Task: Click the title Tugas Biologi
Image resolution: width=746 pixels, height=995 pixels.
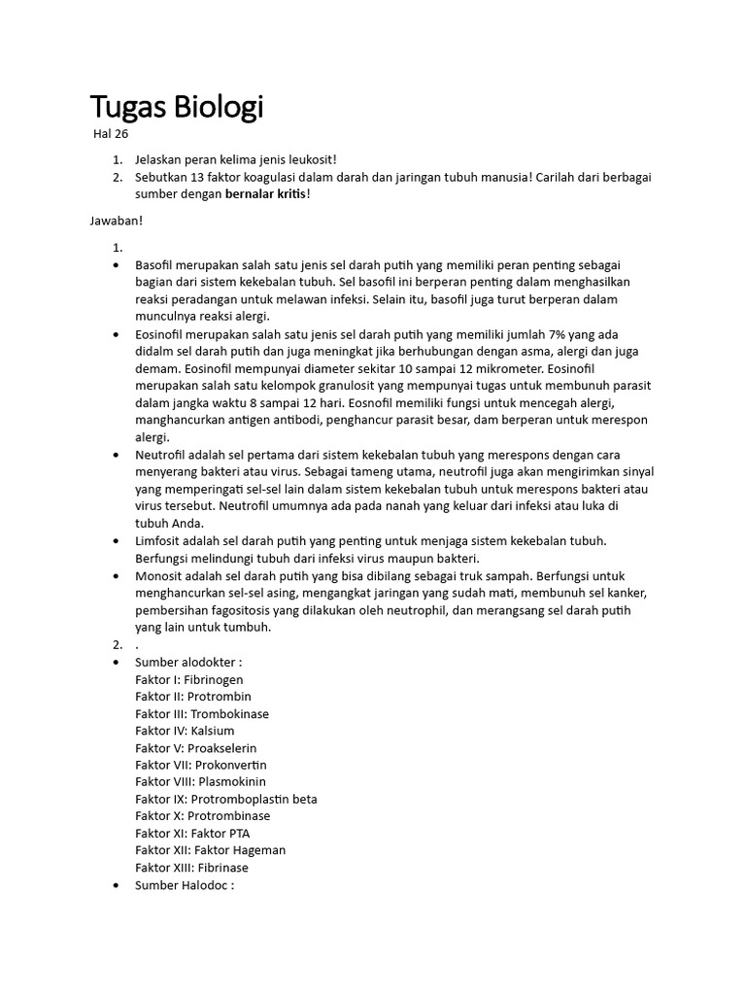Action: pos(176,106)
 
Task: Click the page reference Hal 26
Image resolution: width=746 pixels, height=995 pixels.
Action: pos(111,134)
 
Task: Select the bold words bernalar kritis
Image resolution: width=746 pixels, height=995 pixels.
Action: pos(266,194)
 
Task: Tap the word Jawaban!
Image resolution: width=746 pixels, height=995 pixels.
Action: pos(117,221)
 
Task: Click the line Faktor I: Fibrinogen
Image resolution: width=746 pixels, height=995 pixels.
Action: pos(189,679)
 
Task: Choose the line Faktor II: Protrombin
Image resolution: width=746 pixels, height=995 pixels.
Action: pos(193,697)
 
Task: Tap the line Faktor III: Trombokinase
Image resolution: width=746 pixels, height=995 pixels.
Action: pos(202,713)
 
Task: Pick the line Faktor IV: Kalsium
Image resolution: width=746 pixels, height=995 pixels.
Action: pos(185,731)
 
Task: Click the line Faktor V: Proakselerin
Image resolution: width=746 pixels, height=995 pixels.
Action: pos(196,748)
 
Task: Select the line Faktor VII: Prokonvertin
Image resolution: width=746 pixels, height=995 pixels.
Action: pos(201,765)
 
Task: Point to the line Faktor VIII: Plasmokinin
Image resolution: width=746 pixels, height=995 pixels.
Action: pos(200,781)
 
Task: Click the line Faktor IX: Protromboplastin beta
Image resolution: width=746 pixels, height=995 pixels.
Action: pos(226,799)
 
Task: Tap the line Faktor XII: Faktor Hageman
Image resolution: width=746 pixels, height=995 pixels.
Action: pos(211,850)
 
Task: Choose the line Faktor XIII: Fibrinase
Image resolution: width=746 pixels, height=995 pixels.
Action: pos(192,868)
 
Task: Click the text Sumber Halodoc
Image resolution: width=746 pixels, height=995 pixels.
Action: pos(185,885)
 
